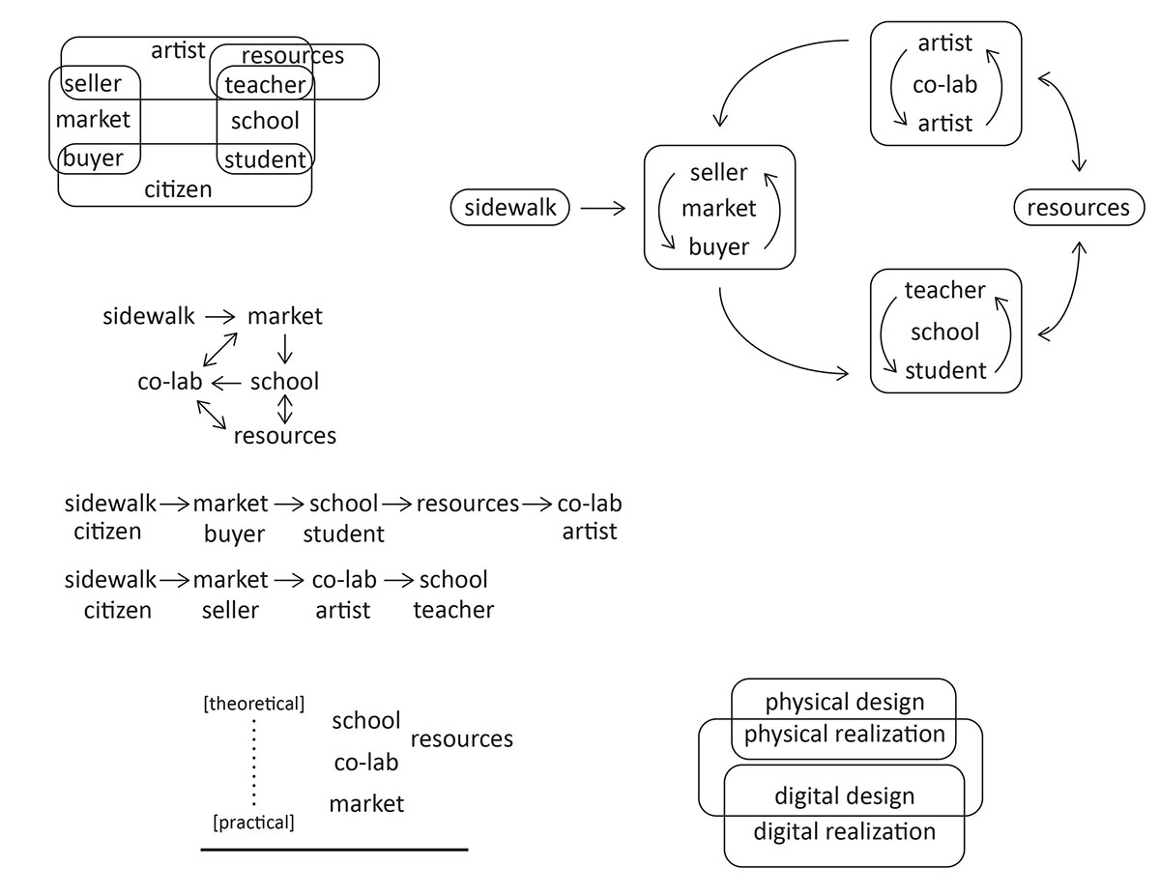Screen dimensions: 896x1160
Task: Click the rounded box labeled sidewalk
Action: [x=510, y=208]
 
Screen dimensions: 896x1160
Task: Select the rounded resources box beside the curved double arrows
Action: [x=1078, y=208]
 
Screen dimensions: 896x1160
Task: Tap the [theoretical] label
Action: [x=254, y=704]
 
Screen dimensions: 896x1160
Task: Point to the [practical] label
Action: [x=253, y=823]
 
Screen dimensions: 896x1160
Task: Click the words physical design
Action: [x=845, y=703]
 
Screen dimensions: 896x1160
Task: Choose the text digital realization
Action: [x=845, y=831]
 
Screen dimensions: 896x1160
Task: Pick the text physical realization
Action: [x=845, y=734]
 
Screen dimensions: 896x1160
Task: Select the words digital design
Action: [x=845, y=796]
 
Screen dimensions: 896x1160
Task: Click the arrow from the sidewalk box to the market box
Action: [x=603, y=208]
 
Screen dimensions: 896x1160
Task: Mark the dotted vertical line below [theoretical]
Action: [x=254, y=763]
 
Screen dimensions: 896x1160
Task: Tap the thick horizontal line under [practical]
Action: [x=334, y=850]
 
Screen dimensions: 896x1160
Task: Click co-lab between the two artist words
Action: [x=945, y=84]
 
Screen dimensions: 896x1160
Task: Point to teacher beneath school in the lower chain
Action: [x=453, y=610]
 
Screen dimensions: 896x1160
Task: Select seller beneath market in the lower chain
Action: [x=230, y=610]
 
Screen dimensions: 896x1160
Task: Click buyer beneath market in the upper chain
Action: [x=234, y=534]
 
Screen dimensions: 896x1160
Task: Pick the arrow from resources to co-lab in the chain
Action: [x=537, y=504]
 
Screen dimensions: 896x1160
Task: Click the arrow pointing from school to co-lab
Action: [x=227, y=383]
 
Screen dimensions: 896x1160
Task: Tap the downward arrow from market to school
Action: [x=284, y=349]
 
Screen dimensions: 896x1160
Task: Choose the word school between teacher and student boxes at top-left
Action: [x=265, y=121]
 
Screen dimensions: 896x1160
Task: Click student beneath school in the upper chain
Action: [x=343, y=534]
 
